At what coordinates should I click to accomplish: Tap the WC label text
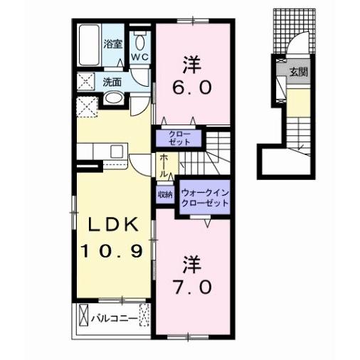[140, 57]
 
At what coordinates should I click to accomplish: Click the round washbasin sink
[112, 97]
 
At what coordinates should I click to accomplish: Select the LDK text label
[113, 225]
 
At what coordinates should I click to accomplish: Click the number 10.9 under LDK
[112, 250]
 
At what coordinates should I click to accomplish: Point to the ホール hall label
[164, 166]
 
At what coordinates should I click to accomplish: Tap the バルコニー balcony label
[114, 317]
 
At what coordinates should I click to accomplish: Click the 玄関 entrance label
[297, 72]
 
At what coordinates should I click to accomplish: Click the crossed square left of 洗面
[86, 82]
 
